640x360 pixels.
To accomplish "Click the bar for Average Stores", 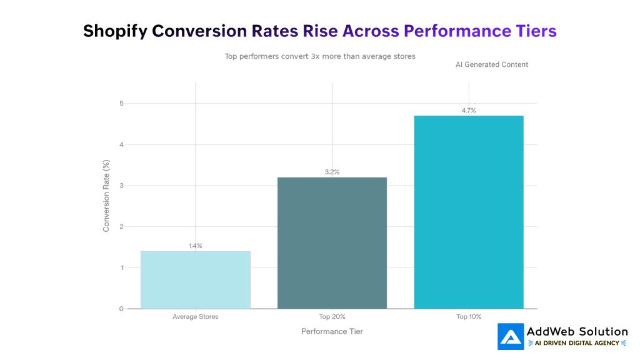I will point(195,280).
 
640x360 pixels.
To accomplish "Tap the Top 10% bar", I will point(469,212).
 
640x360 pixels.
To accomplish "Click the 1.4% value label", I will point(196,246).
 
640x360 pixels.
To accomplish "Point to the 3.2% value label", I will point(332,172).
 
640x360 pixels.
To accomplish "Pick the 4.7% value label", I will point(469,111).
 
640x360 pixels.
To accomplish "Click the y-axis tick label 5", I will point(122,103).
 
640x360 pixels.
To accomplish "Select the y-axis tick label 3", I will point(122,186).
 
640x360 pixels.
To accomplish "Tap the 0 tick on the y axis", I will point(122,309).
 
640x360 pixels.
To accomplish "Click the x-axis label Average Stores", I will point(196,317).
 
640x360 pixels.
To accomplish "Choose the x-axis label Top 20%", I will point(332,317).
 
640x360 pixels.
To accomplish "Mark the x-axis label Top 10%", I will point(469,317).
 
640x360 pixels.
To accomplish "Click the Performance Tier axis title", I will point(332,331).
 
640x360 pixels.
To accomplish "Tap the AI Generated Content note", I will point(492,64).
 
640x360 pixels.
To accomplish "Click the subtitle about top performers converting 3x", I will point(320,56).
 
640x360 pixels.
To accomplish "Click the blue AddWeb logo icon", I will point(511,337).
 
